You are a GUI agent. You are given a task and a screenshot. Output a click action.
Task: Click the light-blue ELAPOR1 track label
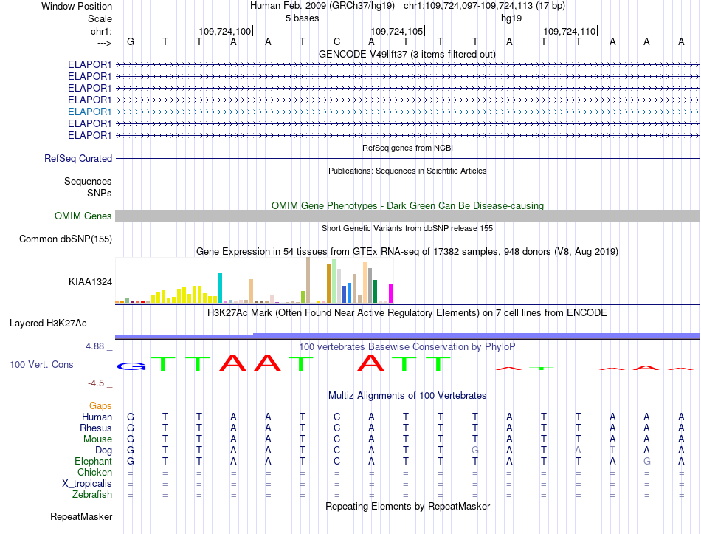[x=89, y=112]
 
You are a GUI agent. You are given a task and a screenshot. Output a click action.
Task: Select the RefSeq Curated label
[x=78, y=159]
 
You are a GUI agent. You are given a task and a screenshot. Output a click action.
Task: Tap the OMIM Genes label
[x=83, y=216]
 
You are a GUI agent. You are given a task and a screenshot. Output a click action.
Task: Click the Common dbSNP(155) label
[x=66, y=239]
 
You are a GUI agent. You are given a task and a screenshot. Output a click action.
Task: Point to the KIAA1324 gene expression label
[x=90, y=282]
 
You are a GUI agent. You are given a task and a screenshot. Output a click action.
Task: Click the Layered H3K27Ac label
[x=48, y=324]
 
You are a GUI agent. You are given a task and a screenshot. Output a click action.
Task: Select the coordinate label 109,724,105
[x=396, y=31]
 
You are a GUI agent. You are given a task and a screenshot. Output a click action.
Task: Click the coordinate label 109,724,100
[x=225, y=31]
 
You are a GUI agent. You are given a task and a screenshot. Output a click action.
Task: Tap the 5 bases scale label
[x=303, y=18]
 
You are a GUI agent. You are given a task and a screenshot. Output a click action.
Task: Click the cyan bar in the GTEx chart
[x=220, y=287]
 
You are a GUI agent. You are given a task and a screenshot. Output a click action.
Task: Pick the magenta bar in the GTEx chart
[x=391, y=294]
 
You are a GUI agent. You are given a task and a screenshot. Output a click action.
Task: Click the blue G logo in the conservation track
[x=131, y=366]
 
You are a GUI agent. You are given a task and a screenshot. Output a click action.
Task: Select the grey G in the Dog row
[x=474, y=451]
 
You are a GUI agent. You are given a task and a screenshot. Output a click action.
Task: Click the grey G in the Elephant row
[x=646, y=462]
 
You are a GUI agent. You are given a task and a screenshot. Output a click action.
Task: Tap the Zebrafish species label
[x=92, y=495]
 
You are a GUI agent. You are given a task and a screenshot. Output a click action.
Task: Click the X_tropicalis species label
[x=87, y=484]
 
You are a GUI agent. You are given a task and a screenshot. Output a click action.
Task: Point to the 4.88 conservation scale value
[x=94, y=346]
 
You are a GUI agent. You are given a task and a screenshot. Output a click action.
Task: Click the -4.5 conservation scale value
[x=96, y=383]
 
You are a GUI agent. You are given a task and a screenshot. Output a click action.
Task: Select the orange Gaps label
[x=100, y=406]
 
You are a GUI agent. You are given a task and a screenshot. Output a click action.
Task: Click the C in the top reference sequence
[x=336, y=41]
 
